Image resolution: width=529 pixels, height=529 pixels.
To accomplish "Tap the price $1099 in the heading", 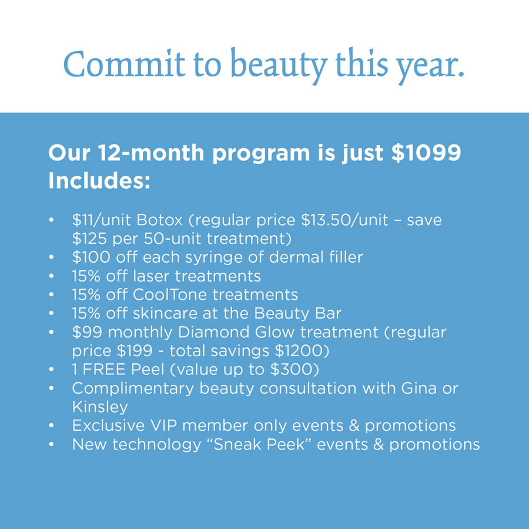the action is point(426,152).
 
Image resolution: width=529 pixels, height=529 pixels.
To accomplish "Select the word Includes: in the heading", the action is point(99,180).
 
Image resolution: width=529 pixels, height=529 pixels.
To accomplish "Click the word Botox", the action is point(159,220).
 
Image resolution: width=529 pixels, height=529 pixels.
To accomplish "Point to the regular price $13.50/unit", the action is point(344,220).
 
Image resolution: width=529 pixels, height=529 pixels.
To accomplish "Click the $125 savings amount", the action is point(89,239).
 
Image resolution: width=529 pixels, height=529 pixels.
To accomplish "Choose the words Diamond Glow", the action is point(236,332).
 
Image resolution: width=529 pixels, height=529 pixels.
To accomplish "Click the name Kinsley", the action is point(100,407).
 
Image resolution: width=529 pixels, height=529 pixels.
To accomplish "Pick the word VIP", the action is point(163,426).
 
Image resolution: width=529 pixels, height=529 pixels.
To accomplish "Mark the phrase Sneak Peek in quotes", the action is point(259,444).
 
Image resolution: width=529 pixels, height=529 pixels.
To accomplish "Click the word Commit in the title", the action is point(124,64).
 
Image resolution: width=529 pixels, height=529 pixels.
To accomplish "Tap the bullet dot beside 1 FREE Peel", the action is point(51,370).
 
